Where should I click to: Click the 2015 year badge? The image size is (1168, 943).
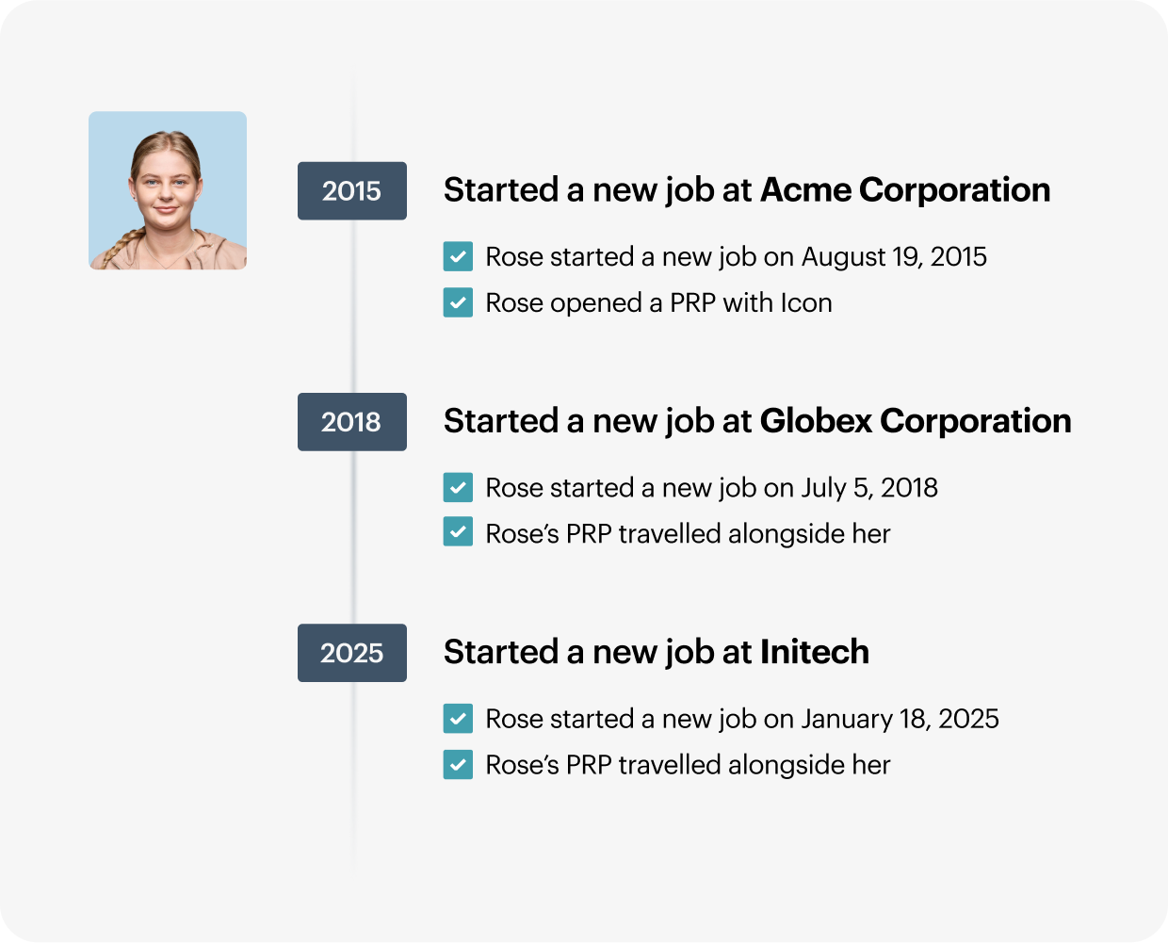pyautogui.click(x=352, y=191)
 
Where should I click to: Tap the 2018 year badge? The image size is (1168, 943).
pyautogui.click(x=352, y=422)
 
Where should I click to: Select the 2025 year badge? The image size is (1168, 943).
pyautogui.click(x=352, y=653)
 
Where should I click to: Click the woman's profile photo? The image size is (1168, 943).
pyautogui.click(x=168, y=190)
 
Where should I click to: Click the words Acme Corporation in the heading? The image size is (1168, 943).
pyautogui.click(x=905, y=190)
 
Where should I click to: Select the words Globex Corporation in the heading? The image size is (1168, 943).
pyautogui.click(x=916, y=421)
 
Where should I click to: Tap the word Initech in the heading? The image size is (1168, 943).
pyautogui.click(x=815, y=651)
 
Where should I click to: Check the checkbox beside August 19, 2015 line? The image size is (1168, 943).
pyautogui.click(x=458, y=256)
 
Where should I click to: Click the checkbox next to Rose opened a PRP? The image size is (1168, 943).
pyautogui.click(x=458, y=302)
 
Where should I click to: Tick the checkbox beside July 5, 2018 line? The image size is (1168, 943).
pyautogui.click(x=458, y=487)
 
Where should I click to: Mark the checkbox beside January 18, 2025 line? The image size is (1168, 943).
pyautogui.click(x=458, y=718)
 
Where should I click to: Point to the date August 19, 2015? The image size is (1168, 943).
pyautogui.click(x=894, y=257)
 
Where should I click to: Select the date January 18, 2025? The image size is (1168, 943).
pyautogui.click(x=900, y=719)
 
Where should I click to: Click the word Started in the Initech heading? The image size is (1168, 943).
pyautogui.click(x=501, y=651)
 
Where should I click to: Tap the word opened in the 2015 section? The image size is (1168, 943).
pyautogui.click(x=596, y=303)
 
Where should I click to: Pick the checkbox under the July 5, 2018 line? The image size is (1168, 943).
pyautogui.click(x=458, y=531)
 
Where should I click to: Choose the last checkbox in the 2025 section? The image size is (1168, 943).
pyautogui.click(x=458, y=764)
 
